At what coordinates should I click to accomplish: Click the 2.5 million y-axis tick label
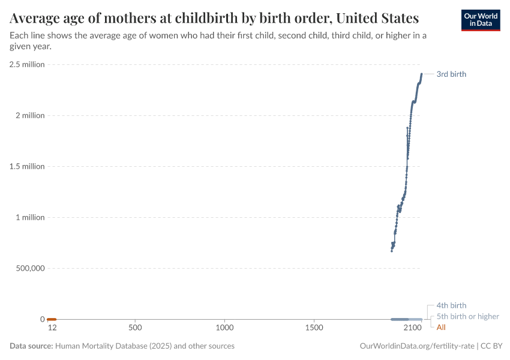tap(27, 64)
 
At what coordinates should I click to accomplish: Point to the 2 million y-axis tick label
tap(29, 115)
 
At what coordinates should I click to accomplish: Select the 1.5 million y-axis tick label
tap(27, 166)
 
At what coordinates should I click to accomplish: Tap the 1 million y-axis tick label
tap(29, 217)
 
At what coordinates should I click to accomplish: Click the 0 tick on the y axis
tap(42, 319)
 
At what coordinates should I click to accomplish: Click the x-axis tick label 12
tap(52, 328)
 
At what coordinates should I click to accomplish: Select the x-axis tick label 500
tap(135, 328)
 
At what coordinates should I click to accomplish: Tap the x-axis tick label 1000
tap(224, 328)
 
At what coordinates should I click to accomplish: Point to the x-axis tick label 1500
tap(314, 328)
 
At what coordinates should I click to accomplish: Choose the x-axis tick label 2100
tap(412, 328)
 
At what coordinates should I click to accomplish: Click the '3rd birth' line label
tap(451, 74)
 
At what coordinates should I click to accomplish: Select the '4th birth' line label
tap(451, 305)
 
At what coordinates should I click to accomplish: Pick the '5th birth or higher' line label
tap(467, 316)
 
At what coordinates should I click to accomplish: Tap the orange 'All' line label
tap(441, 327)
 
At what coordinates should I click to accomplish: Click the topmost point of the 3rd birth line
tap(422, 74)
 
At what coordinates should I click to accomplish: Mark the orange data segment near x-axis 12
tap(52, 319)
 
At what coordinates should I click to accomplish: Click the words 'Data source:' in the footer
tap(31, 346)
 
